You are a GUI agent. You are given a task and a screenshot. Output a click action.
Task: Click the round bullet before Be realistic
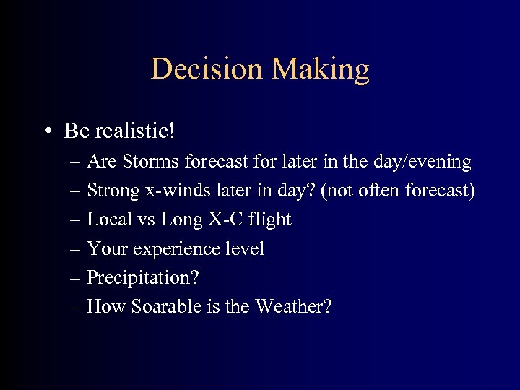coord(47,131)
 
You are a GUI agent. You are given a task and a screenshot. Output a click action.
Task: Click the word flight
coord(268,220)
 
